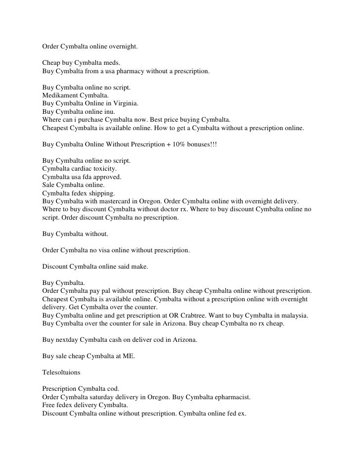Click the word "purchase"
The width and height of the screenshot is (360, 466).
[x=97, y=120]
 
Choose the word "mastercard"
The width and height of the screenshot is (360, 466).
[x=111, y=201]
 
